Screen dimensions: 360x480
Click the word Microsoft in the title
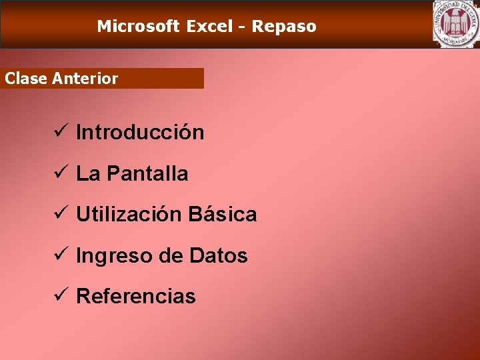[x=138, y=27]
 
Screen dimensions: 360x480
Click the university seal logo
[x=455, y=24]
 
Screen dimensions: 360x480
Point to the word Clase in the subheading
[x=26, y=79]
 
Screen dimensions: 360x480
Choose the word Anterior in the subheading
[x=85, y=79]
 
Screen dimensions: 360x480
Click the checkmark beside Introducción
[x=58, y=131]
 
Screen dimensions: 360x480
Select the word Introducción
[x=140, y=133]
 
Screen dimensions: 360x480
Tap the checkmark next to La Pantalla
[x=58, y=173]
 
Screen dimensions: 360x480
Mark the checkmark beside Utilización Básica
[x=58, y=213]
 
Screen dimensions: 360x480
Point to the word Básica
[x=223, y=215]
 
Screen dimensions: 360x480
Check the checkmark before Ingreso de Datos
[x=58, y=255]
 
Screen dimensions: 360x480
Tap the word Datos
[x=219, y=255]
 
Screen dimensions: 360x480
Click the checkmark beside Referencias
[x=58, y=295]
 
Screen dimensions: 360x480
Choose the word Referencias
[x=136, y=297]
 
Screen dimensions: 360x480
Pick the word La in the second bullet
[x=88, y=174]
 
